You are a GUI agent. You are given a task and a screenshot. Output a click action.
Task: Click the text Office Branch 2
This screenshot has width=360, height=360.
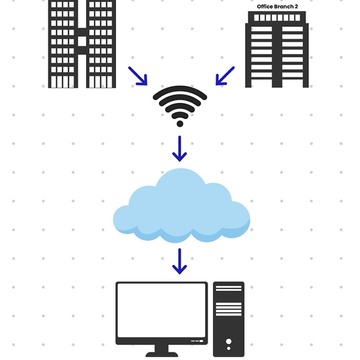[277, 7]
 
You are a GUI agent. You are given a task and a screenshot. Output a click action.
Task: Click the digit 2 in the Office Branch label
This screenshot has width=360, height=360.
[296, 7]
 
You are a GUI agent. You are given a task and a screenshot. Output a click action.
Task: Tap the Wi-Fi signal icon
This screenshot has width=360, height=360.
[180, 106]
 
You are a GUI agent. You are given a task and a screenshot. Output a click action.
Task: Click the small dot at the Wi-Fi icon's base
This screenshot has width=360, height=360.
[180, 124]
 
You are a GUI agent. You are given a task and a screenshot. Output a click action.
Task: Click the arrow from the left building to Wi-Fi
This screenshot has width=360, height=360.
[138, 76]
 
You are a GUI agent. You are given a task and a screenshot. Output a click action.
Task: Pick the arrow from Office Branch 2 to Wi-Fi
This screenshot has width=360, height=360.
[225, 76]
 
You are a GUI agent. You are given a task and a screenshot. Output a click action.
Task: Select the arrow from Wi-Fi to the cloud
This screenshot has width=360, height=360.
[179, 149]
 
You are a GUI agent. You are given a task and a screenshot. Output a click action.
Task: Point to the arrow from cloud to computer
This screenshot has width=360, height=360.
[179, 261]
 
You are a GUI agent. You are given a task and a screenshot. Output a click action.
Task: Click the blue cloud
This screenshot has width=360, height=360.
[181, 207]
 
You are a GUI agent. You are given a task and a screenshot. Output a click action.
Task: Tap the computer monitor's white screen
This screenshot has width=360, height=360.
[161, 310]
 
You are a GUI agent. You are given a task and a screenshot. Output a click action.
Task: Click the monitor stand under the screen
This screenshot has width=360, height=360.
[161, 351]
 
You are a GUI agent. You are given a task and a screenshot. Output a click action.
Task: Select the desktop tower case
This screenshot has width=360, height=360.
[228, 319]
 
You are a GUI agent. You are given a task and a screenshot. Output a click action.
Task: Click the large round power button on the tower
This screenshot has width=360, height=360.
[228, 341]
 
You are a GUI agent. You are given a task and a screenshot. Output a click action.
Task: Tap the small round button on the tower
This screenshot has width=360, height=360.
[228, 349]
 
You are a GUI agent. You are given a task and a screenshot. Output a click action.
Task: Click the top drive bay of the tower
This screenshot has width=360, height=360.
[228, 288]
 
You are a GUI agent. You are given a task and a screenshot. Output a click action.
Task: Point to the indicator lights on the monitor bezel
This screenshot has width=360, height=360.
[197, 341]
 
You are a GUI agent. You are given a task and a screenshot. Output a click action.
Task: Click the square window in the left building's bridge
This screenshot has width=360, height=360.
[82, 41]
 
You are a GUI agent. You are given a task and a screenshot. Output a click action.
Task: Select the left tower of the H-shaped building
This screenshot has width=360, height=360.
[63, 44]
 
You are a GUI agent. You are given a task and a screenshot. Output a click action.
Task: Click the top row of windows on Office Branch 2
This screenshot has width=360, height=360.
[277, 18]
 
